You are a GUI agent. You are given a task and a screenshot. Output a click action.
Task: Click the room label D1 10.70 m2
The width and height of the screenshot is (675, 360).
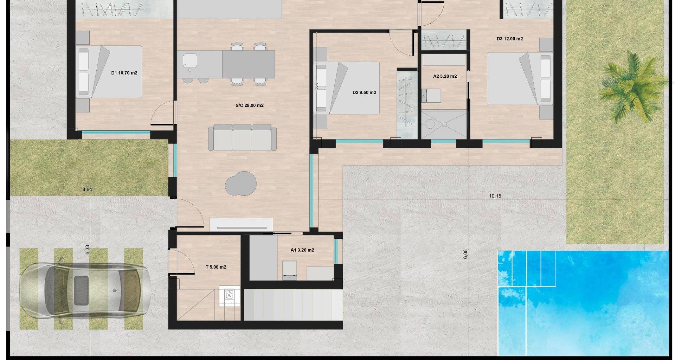pyautogui.click(x=124, y=73)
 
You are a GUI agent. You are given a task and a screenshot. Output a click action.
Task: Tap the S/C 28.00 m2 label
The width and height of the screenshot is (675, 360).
pyautogui.click(x=250, y=105)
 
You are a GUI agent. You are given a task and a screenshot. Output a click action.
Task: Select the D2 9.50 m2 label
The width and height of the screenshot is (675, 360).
pyautogui.click(x=364, y=93)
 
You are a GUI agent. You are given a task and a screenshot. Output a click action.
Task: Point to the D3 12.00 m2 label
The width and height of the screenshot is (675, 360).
pyautogui.click(x=510, y=39)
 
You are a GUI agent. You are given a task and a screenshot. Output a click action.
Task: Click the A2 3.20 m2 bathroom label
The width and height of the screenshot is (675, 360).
pyautogui.click(x=445, y=76)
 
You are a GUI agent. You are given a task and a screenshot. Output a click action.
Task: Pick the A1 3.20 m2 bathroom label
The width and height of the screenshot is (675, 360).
pyautogui.click(x=302, y=250)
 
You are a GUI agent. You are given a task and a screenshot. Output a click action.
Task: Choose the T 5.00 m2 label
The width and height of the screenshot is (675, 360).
pyautogui.click(x=216, y=267)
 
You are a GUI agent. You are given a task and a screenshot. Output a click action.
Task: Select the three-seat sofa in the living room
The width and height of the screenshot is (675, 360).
pyautogui.click(x=242, y=137)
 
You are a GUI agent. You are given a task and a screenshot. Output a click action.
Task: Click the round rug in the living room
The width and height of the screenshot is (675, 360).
pyautogui.click(x=241, y=183)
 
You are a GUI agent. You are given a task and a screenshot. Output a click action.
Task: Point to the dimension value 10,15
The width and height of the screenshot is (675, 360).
pyautogui.click(x=495, y=196)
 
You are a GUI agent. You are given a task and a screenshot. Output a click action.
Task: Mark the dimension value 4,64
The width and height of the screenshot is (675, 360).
pyautogui.click(x=87, y=190)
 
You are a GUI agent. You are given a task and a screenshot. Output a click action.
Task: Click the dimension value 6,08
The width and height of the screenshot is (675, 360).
pyautogui.click(x=466, y=254)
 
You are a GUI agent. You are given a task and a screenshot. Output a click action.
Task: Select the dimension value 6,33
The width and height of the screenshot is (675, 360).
pyautogui.click(x=88, y=250)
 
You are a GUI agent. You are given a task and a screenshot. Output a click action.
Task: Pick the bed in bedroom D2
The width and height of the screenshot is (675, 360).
pyautogui.click(x=346, y=88)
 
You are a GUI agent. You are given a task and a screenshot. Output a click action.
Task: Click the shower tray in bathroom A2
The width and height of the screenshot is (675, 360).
pyautogui.click(x=444, y=124)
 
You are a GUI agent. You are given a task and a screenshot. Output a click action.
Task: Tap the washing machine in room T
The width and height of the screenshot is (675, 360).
pyautogui.click(x=230, y=296)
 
